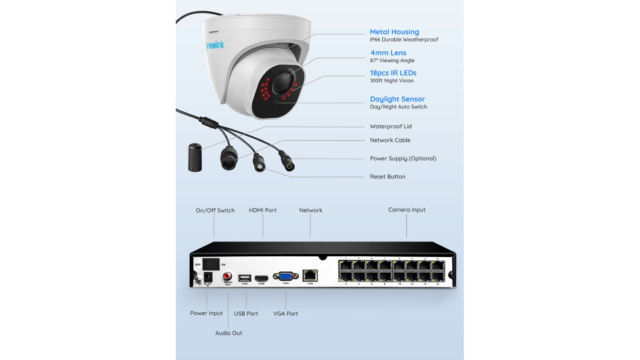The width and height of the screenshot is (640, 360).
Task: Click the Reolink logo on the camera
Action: pos(215,45)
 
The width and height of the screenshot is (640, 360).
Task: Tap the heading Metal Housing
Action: pos(394,32)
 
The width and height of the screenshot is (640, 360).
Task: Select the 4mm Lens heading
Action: pos(388,53)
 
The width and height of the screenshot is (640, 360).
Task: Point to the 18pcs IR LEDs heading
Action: pos(393,73)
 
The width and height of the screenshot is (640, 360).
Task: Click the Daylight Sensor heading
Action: pos(397,99)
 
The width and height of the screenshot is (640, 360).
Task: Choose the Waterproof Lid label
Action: pos(391,126)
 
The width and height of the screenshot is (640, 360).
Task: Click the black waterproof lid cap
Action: pos(195,157)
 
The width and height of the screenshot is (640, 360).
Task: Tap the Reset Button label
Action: pos(387,177)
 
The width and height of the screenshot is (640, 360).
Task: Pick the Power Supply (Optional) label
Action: pos(403,158)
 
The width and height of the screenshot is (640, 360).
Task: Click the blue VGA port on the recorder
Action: pos(285,276)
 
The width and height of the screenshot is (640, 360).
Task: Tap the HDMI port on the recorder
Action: pos(262,279)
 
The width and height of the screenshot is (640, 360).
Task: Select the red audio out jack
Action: pos(227,276)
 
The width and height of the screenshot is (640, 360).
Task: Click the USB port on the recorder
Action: pos(244,278)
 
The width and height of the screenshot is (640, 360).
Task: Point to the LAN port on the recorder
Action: pos(310,276)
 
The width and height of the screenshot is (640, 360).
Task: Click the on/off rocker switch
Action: pos(211,264)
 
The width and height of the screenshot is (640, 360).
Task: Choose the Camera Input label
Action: pos(407,210)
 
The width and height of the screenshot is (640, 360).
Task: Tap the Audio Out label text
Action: pos(228,333)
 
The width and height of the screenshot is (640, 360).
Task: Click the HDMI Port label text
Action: pos(262,210)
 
